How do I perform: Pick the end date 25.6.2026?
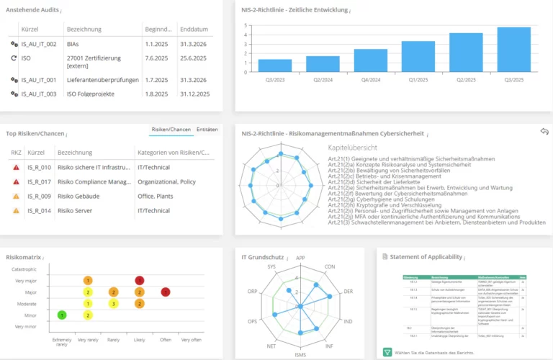click(194, 58)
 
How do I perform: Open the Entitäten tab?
click(207, 130)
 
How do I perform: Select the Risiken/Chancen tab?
click(171, 130)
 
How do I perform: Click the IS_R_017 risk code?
click(40, 181)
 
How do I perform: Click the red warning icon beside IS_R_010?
click(16, 167)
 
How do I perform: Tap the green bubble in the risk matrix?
click(63, 315)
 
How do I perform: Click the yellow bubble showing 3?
click(113, 303)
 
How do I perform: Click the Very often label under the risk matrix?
click(192, 339)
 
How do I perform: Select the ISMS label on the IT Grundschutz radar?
click(300, 354)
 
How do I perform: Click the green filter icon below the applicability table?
click(387, 351)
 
